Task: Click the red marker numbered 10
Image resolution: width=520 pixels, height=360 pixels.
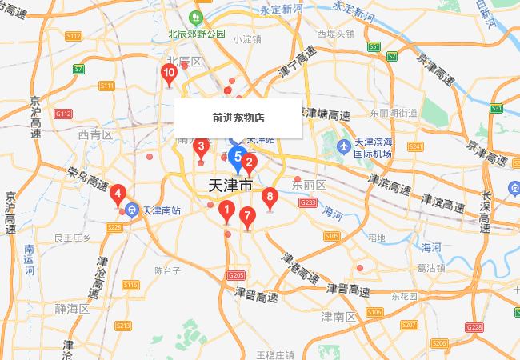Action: [x=169, y=74]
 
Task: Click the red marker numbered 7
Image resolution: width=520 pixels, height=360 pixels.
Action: [x=247, y=215]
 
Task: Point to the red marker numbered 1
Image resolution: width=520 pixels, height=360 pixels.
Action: [x=226, y=212]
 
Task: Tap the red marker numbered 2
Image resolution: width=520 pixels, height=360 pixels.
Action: [x=249, y=164]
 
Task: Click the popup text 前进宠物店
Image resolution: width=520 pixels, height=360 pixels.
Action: [x=238, y=118]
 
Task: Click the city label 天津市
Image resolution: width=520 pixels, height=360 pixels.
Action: [x=230, y=185]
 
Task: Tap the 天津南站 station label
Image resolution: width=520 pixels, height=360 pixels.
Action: [x=162, y=212]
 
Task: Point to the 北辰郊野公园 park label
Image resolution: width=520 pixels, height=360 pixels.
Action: [x=197, y=34]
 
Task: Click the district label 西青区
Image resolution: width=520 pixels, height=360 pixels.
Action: [x=95, y=136]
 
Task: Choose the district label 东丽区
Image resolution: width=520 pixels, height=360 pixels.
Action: [x=310, y=186]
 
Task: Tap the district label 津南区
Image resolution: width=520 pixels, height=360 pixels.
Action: [x=338, y=318]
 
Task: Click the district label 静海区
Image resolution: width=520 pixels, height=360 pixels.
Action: [x=73, y=309]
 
